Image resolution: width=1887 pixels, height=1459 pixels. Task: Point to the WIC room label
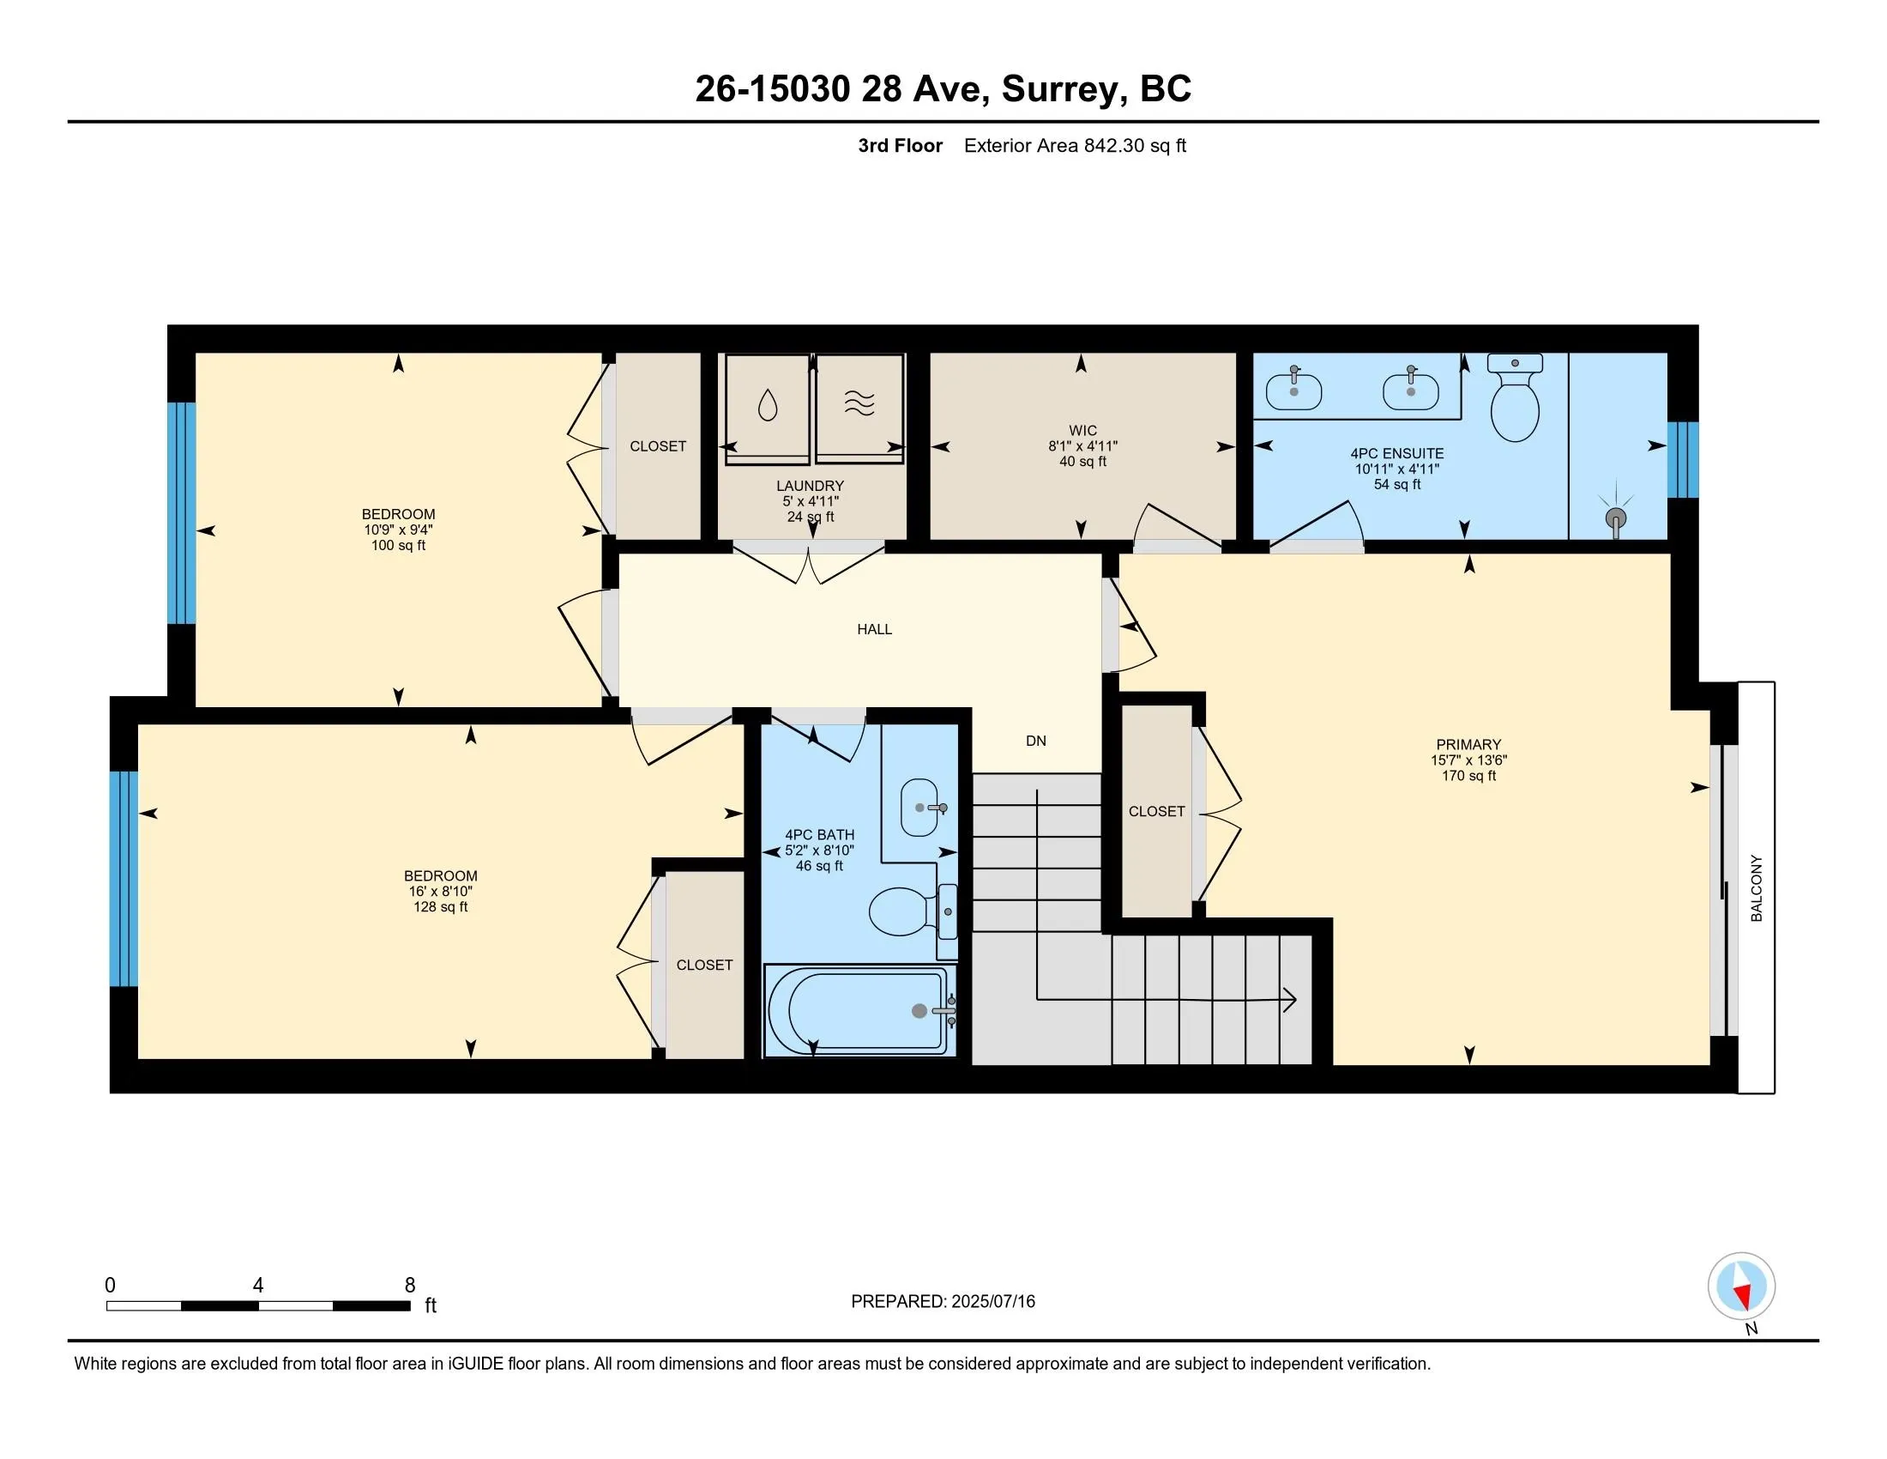coord(1082,431)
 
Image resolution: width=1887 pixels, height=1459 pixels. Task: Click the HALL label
coord(874,629)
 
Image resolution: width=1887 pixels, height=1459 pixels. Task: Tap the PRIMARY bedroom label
coord(1468,744)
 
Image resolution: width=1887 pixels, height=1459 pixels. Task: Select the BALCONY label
coord(1757,887)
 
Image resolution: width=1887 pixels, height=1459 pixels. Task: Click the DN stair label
coord(1036,741)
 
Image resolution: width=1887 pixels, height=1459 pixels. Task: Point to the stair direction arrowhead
coord(1290,1000)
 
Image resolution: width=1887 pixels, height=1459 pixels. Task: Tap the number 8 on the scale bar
coord(410,1286)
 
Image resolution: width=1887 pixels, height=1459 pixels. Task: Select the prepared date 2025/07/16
coord(992,1301)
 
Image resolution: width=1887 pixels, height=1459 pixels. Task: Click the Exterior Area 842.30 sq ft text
coord(1075,145)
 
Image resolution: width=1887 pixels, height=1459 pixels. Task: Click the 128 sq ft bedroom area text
coord(441,906)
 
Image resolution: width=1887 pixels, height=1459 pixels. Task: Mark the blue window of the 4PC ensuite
coord(1682,460)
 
